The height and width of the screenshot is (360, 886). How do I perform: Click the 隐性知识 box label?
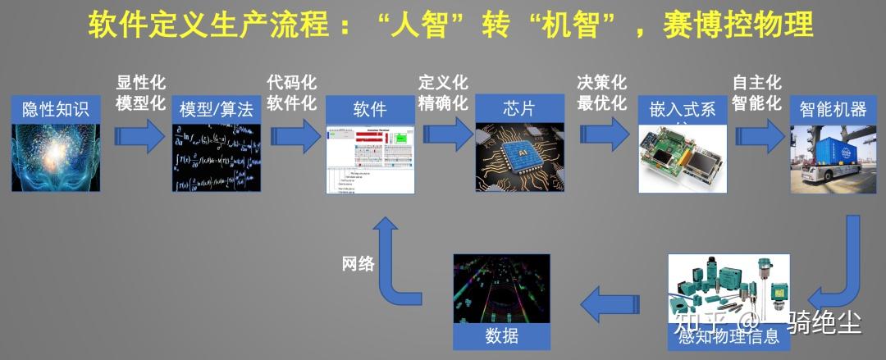53,109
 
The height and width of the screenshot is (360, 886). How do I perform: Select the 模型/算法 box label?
217,109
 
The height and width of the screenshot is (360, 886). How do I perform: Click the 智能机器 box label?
833,109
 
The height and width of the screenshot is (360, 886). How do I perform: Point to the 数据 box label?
502,336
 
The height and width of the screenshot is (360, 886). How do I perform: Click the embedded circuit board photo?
683,160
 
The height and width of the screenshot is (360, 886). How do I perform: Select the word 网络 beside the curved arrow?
359,264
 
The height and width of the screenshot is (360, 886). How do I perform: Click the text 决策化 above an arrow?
601,83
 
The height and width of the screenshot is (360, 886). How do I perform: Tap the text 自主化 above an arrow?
757,83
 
